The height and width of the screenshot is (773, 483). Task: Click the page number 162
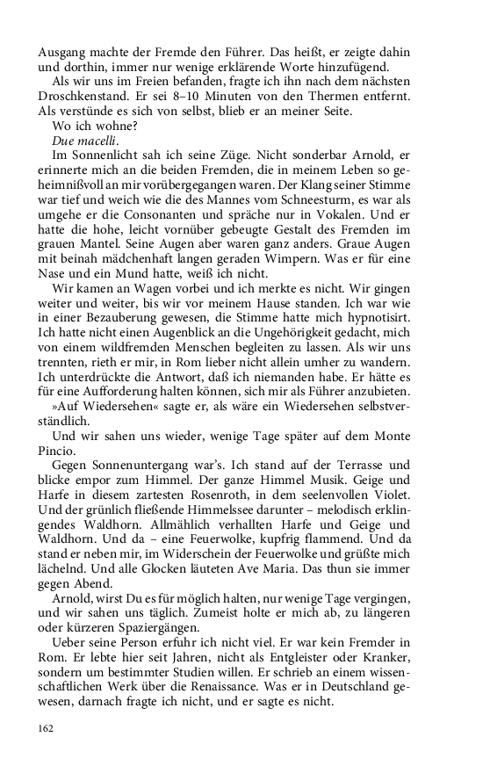(x=47, y=728)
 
